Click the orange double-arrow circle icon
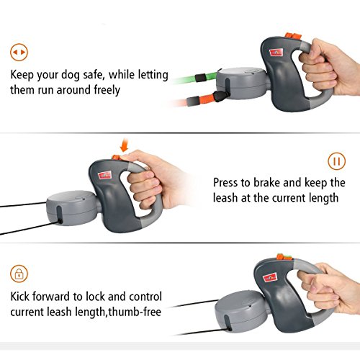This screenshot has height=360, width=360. (x=19, y=52)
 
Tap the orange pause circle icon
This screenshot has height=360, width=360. (x=337, y=161)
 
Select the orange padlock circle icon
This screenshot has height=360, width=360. (x=19, y=274)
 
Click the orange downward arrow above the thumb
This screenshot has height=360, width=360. (x=124, y=145)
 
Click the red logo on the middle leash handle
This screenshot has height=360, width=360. (x=104, y=175)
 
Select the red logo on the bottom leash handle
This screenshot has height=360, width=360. (x=270, y=278)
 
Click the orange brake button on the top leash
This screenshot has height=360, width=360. (x=293, y=37)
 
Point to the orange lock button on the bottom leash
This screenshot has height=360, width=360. (x=284, y=258)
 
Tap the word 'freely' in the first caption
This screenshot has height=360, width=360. (x=107, y=90)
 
